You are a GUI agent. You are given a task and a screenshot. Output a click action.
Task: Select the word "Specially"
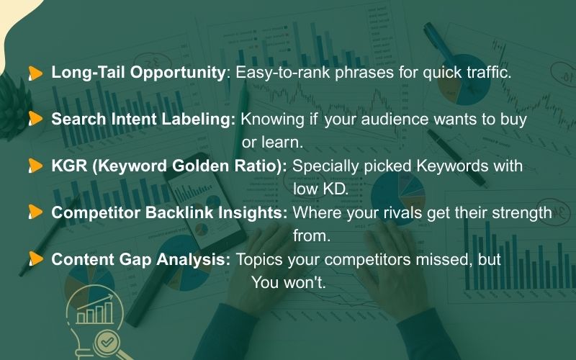[x=322, y=166]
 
